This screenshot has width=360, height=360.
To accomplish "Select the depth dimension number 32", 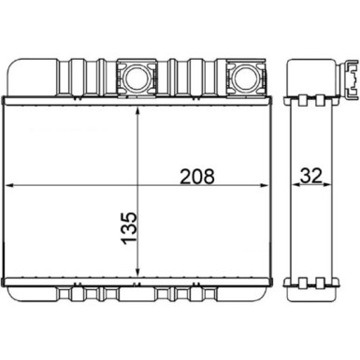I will coord(310,175).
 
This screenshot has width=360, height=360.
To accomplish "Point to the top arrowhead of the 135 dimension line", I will coord(138,101).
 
